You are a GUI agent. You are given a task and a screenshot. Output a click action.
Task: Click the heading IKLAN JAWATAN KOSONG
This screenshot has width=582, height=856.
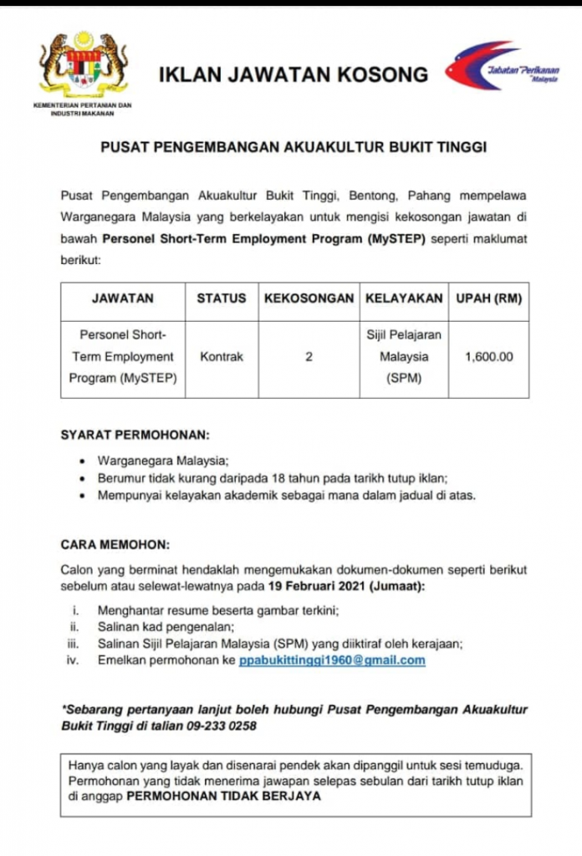coord(293,75)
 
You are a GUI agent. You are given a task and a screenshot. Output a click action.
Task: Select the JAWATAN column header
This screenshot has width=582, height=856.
coord(122,298)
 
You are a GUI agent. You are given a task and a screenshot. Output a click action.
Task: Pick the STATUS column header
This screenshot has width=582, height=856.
coord(222,298)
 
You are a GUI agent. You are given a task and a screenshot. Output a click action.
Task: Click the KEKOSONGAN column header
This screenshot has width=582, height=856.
coord(309,298)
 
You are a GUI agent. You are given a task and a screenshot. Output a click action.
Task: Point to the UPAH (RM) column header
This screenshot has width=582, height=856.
coord(488,298)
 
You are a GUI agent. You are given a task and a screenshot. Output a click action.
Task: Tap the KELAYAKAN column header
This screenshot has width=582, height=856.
coord(404,298)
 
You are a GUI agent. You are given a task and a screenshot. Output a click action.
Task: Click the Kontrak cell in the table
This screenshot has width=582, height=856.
coord(222,356)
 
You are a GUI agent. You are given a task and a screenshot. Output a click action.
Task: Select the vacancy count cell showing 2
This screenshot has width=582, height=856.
coord(309,356)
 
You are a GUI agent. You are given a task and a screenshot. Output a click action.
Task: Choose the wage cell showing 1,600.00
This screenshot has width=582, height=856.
coord(488,356)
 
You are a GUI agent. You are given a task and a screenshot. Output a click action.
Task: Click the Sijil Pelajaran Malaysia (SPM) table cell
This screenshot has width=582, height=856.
coord(404,356)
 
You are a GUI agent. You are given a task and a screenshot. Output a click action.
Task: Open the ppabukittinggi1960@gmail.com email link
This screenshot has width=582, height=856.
coord(332,660)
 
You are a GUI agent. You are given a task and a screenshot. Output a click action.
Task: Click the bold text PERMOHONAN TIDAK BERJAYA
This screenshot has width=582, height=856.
coord(223,797)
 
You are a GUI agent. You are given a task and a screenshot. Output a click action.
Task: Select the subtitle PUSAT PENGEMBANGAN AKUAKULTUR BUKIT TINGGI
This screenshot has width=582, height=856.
coord(293,147)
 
